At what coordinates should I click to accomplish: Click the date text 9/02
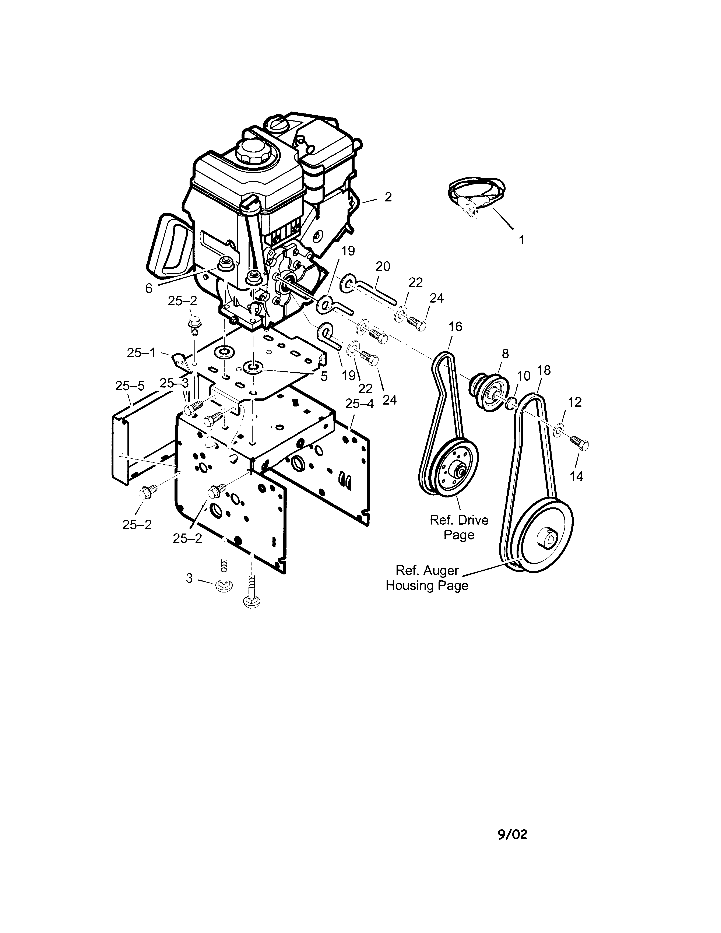(512, 834)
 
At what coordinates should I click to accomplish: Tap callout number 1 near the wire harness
(521, 240)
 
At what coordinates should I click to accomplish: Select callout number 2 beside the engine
(388, 197)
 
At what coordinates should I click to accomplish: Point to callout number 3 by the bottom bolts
(189, 578)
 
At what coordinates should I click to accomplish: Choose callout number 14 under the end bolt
(576, 476)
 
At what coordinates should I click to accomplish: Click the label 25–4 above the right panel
(359, 404)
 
